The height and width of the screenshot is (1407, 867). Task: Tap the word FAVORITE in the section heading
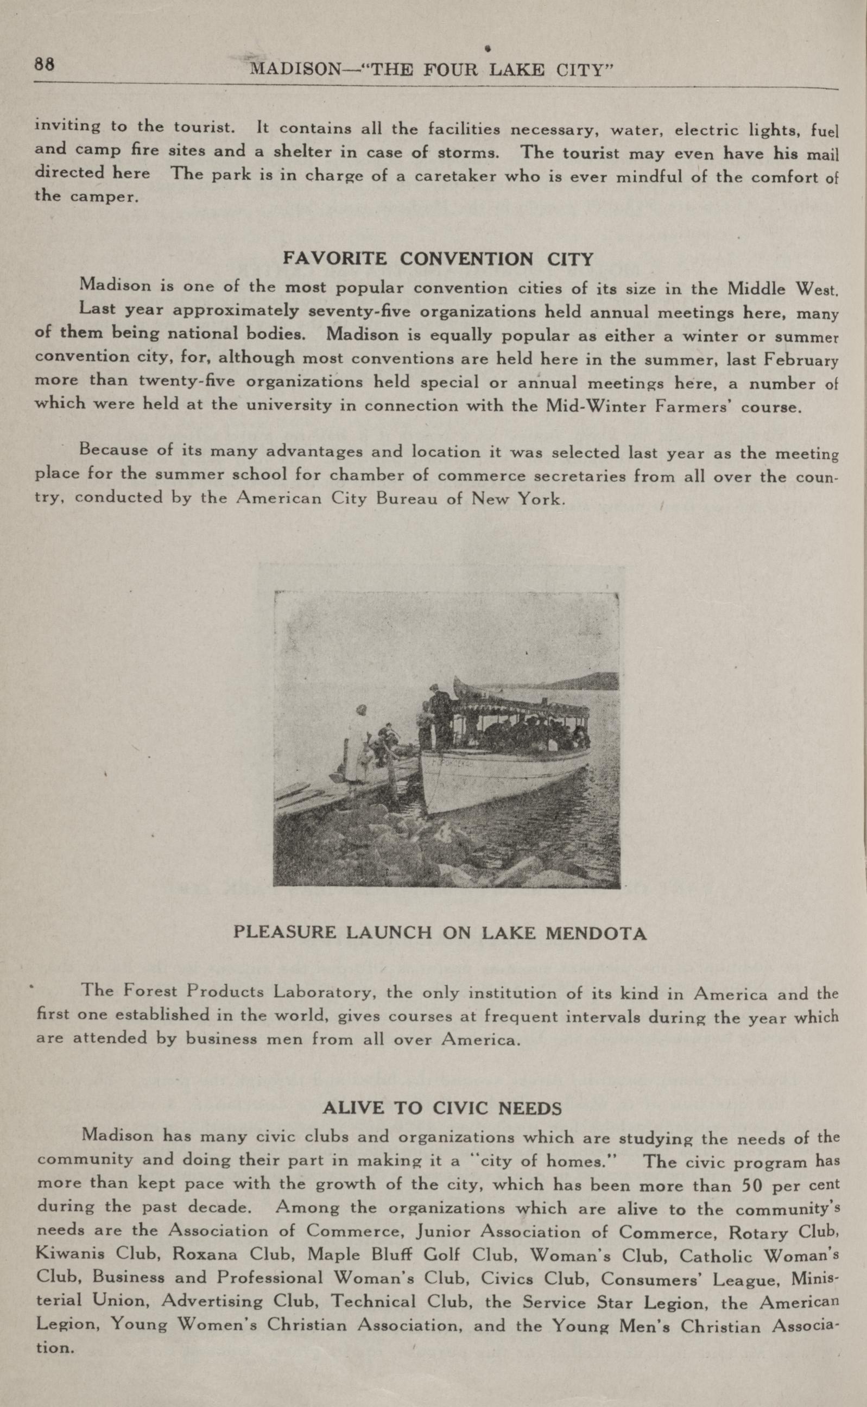[x=336, y=258]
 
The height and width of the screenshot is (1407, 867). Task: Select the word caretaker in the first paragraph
[x=455, y=175]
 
